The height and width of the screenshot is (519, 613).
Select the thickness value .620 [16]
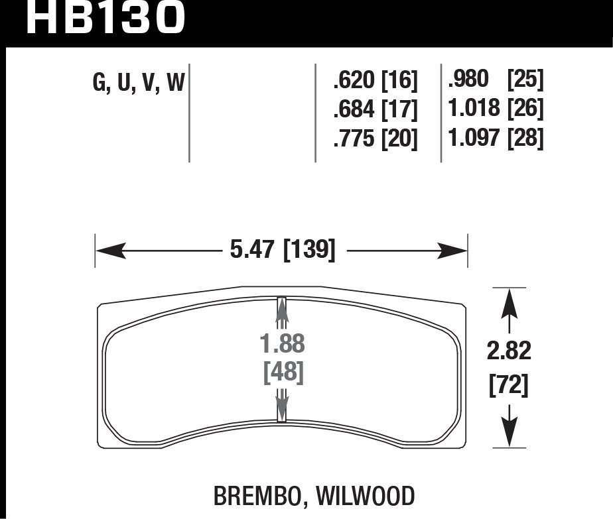[376, 81]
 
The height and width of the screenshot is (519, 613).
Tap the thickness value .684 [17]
[376, 109]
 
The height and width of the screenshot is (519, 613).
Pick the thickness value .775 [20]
[376, 139]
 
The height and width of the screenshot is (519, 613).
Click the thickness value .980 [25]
[496, 80]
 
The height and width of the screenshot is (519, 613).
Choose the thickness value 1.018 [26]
[496, 109]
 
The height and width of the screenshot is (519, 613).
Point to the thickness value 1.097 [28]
[496, 138]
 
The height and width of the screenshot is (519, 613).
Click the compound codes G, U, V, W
[139, 82]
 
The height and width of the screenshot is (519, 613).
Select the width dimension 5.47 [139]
[281, 251]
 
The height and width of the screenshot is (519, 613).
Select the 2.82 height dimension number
[509, 352]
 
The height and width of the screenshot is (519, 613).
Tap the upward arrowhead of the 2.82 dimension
[509, 302]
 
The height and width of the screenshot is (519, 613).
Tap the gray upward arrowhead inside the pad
[281, 312]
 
